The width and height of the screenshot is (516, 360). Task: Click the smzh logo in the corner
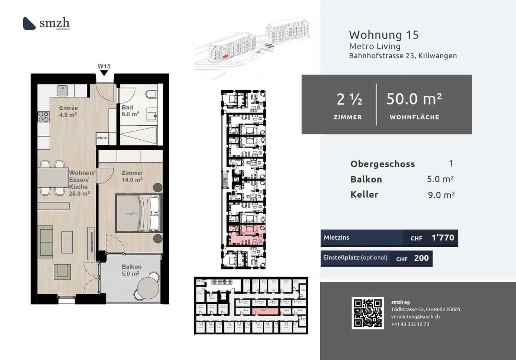pyautogui.click(x=46, y=23)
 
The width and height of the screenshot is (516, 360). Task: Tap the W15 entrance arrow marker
pyautogui.click(x=104, y=73)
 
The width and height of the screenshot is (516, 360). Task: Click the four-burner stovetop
pyautogui.click(x=43, y=117)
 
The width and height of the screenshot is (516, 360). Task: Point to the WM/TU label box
pyautogui.click(x=102, y=138)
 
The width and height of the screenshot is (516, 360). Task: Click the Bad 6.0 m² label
pyautogui.click(x=130, y=111)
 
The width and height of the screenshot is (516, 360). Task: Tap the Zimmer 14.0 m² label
pyautogui.click(x=132, y=176)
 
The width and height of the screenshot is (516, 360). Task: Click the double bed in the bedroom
pyautogui.click(x=138, y=213)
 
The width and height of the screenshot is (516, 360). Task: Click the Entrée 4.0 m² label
pyautogui.click(x=68, y=111)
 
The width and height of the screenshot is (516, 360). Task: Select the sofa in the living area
pyautogui.click(x=46, y=242)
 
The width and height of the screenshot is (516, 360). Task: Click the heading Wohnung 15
pyautogui.click(x=383, y=35)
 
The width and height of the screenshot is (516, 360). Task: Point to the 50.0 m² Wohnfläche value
pyautogui.click(x=414, y=99)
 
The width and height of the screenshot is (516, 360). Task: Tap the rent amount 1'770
pyautogui.click(x=443, y=238)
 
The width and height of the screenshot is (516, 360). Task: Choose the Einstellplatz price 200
pyautogui.click(x=421, y=258)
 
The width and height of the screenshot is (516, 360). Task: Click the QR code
pyautogui.click(x=368, y=313)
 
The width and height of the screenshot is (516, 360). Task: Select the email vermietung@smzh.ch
pyautogui.click(x=415, y=317)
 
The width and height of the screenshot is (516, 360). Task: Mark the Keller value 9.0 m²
pyautogui.click(x=441, y=195)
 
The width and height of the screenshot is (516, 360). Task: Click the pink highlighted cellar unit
pyautogui.click(x=265, y=311)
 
